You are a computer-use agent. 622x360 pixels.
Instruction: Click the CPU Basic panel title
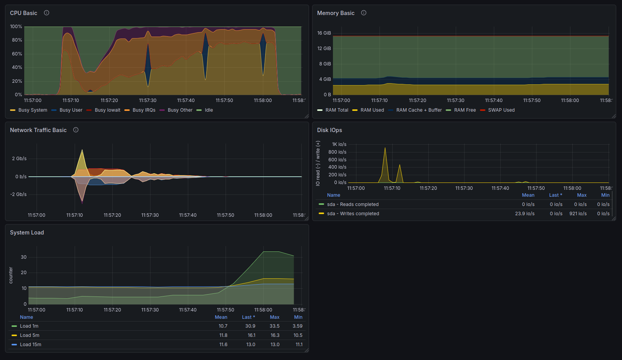[23, 13]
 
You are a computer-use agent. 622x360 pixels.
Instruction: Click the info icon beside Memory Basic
[363, 13]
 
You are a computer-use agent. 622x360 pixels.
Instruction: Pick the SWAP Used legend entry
[497, 110]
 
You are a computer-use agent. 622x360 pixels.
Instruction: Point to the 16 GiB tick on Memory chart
[324, 33]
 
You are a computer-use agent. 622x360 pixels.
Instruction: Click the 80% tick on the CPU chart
[16, 40]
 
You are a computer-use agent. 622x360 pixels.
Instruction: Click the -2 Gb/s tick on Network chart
[18, 194]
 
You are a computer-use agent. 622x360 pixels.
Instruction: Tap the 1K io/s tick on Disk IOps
[339, 144]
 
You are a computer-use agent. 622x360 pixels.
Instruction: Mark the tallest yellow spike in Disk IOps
[385, 148]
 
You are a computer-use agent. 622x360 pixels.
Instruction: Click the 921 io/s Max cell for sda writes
[578, 214]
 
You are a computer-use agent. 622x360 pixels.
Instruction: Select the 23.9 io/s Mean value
[525, 214]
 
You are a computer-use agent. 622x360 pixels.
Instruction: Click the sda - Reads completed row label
[353, 204]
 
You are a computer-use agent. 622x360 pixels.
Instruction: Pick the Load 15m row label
[30, 345]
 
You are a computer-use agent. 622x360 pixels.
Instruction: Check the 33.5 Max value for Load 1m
[274, 326]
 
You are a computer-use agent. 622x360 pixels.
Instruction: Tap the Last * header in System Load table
[248, 317]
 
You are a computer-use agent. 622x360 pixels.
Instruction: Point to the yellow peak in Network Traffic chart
[82, 150]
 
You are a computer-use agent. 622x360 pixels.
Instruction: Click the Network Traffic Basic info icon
[75, 130]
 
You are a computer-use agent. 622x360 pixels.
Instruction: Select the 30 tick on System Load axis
[23, 257]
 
